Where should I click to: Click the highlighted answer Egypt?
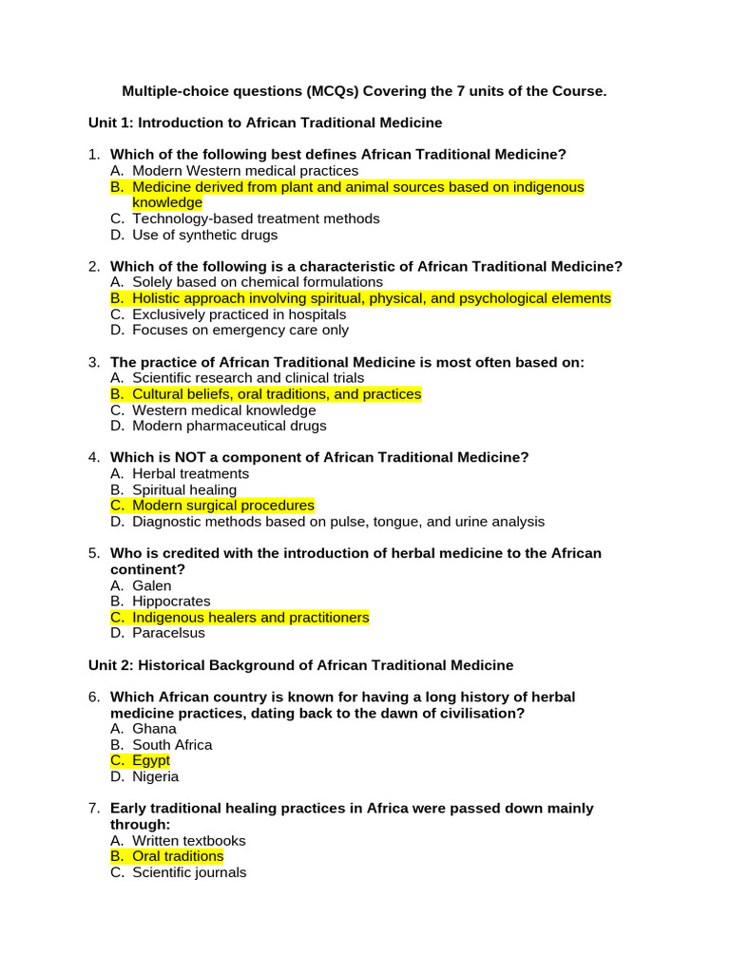151,760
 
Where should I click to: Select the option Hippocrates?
171,601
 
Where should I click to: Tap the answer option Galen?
152,585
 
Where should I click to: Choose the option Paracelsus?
168,633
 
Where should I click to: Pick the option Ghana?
154,729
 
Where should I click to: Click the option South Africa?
172,745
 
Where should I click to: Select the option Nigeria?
155,776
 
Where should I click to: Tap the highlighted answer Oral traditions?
178,856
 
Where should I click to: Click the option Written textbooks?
188,840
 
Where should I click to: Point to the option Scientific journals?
189,872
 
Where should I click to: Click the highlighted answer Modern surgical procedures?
222,506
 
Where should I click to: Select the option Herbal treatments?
190,473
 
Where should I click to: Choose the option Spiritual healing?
184,489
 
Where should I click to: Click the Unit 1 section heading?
265,123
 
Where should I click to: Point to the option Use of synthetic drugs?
204,235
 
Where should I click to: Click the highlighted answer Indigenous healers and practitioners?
250,617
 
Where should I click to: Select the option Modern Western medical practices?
245,171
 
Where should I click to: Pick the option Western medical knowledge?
223,410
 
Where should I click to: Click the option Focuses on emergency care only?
240,330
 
